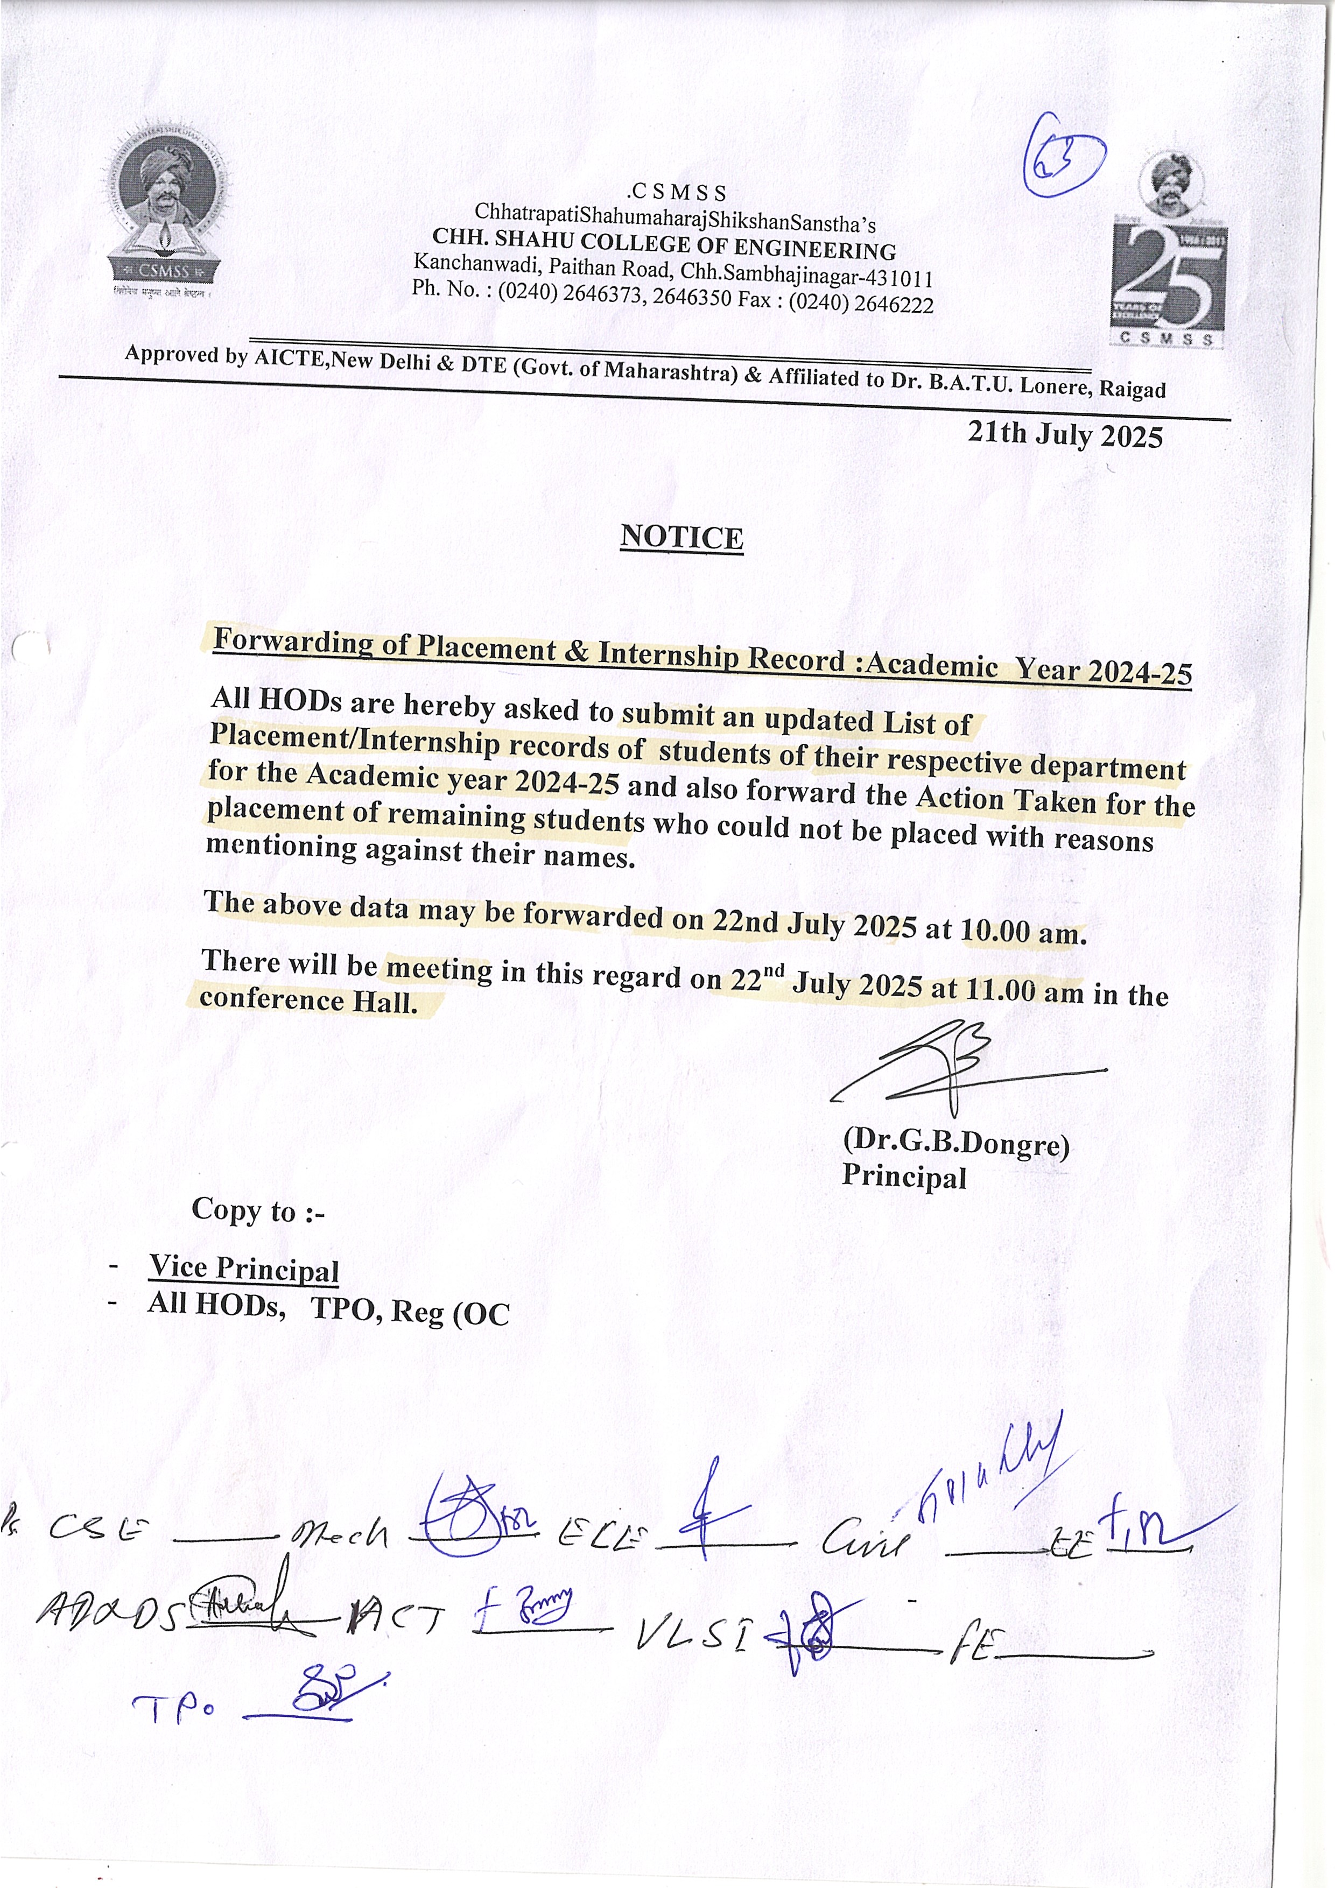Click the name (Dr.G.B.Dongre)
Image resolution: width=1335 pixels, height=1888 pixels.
pos(956,1142)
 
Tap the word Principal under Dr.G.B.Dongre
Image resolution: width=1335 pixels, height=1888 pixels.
pos(903,1177)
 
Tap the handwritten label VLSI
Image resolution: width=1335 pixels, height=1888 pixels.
pos(695,1636)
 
